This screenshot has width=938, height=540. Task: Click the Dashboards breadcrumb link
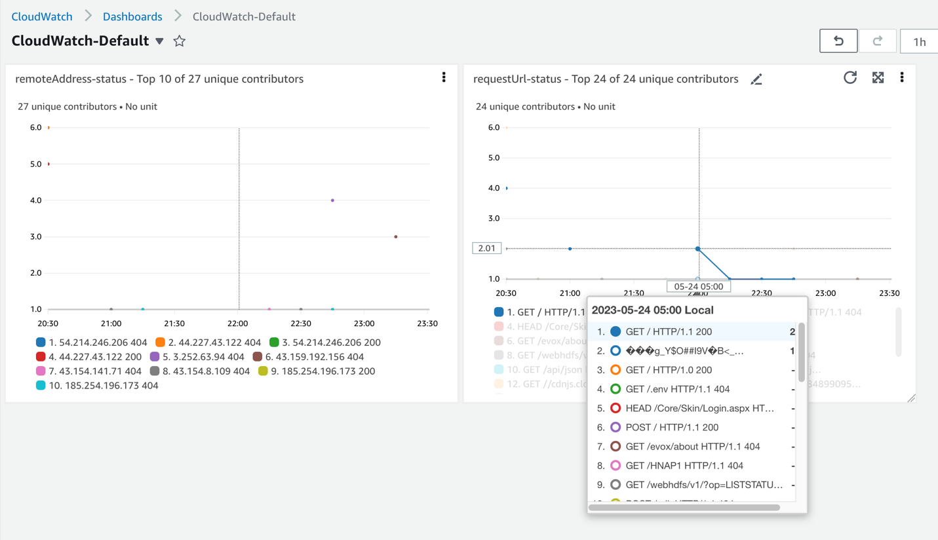[132, 16]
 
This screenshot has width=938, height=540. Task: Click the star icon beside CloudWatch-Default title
[180, 41]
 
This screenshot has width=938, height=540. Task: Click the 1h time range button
[919, 41]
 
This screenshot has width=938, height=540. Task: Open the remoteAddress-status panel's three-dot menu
[444, 77]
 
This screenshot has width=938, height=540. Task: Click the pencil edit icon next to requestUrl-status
[756, 79]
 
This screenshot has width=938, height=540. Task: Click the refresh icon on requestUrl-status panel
[850, 78]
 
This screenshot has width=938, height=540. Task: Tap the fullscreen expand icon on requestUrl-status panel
[878, 78]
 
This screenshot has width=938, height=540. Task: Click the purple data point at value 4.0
[333, 200]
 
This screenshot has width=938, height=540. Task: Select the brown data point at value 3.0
[396, 237]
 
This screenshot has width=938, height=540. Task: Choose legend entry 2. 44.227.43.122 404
[208, 343]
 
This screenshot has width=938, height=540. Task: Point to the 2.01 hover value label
[487, 249]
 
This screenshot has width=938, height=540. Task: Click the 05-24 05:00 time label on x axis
[699, 287]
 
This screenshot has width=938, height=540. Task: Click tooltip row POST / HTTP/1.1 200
[672, 427]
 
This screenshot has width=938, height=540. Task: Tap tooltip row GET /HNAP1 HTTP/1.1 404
[684, 466]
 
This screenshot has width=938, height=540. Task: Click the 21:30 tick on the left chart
[174, 323]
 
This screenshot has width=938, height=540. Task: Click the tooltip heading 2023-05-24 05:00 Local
[652, 310]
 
